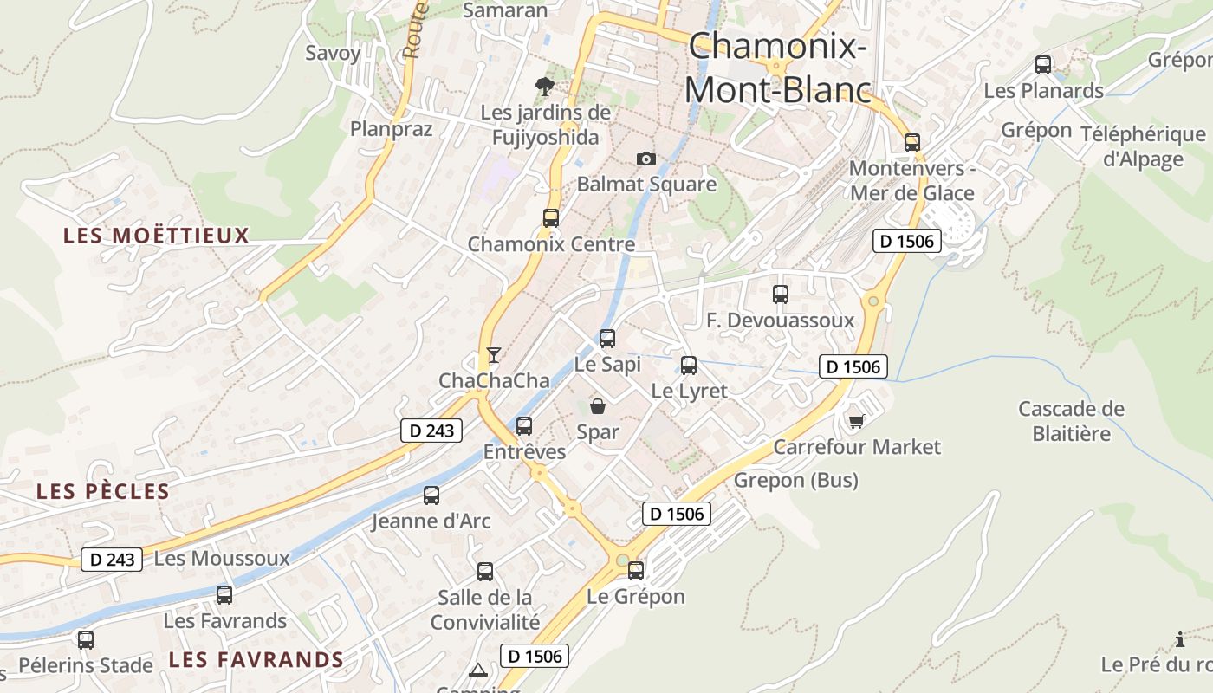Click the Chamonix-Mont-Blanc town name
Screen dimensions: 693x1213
(x=777, y=68)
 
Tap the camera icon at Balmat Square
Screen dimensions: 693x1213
(x=645, y=159)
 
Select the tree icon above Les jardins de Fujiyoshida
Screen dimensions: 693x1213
(x=545, y=86)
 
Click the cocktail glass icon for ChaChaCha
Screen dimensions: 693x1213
(x=493, y=354)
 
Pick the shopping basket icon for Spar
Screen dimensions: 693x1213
(x=598, y=405)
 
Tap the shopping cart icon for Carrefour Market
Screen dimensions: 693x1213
(x=856, y=421)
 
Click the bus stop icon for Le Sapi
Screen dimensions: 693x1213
(x=607, y=338)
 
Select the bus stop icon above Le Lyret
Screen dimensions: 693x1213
(x=689, y=366)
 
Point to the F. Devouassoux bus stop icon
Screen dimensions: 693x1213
(x=781, y=295)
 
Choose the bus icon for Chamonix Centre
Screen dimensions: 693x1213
(x=551, y=218)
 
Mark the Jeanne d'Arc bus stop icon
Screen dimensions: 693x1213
(x=431, y=495)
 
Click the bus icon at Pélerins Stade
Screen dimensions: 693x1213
(x=85, y=640)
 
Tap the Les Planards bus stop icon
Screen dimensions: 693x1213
(x=1043, y=65)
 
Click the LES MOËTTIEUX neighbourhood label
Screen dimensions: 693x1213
(x=156, y=236)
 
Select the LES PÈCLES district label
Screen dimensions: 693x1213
(x=102, y=492)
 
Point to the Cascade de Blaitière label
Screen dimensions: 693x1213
(x=1071, y=421)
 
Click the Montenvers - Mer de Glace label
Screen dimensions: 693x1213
(x=912, y=181)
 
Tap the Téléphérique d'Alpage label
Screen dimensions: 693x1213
(x=1143, y=146)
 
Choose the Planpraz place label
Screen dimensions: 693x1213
(x=391, y=129)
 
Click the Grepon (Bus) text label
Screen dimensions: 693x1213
(x=796, y=480)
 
